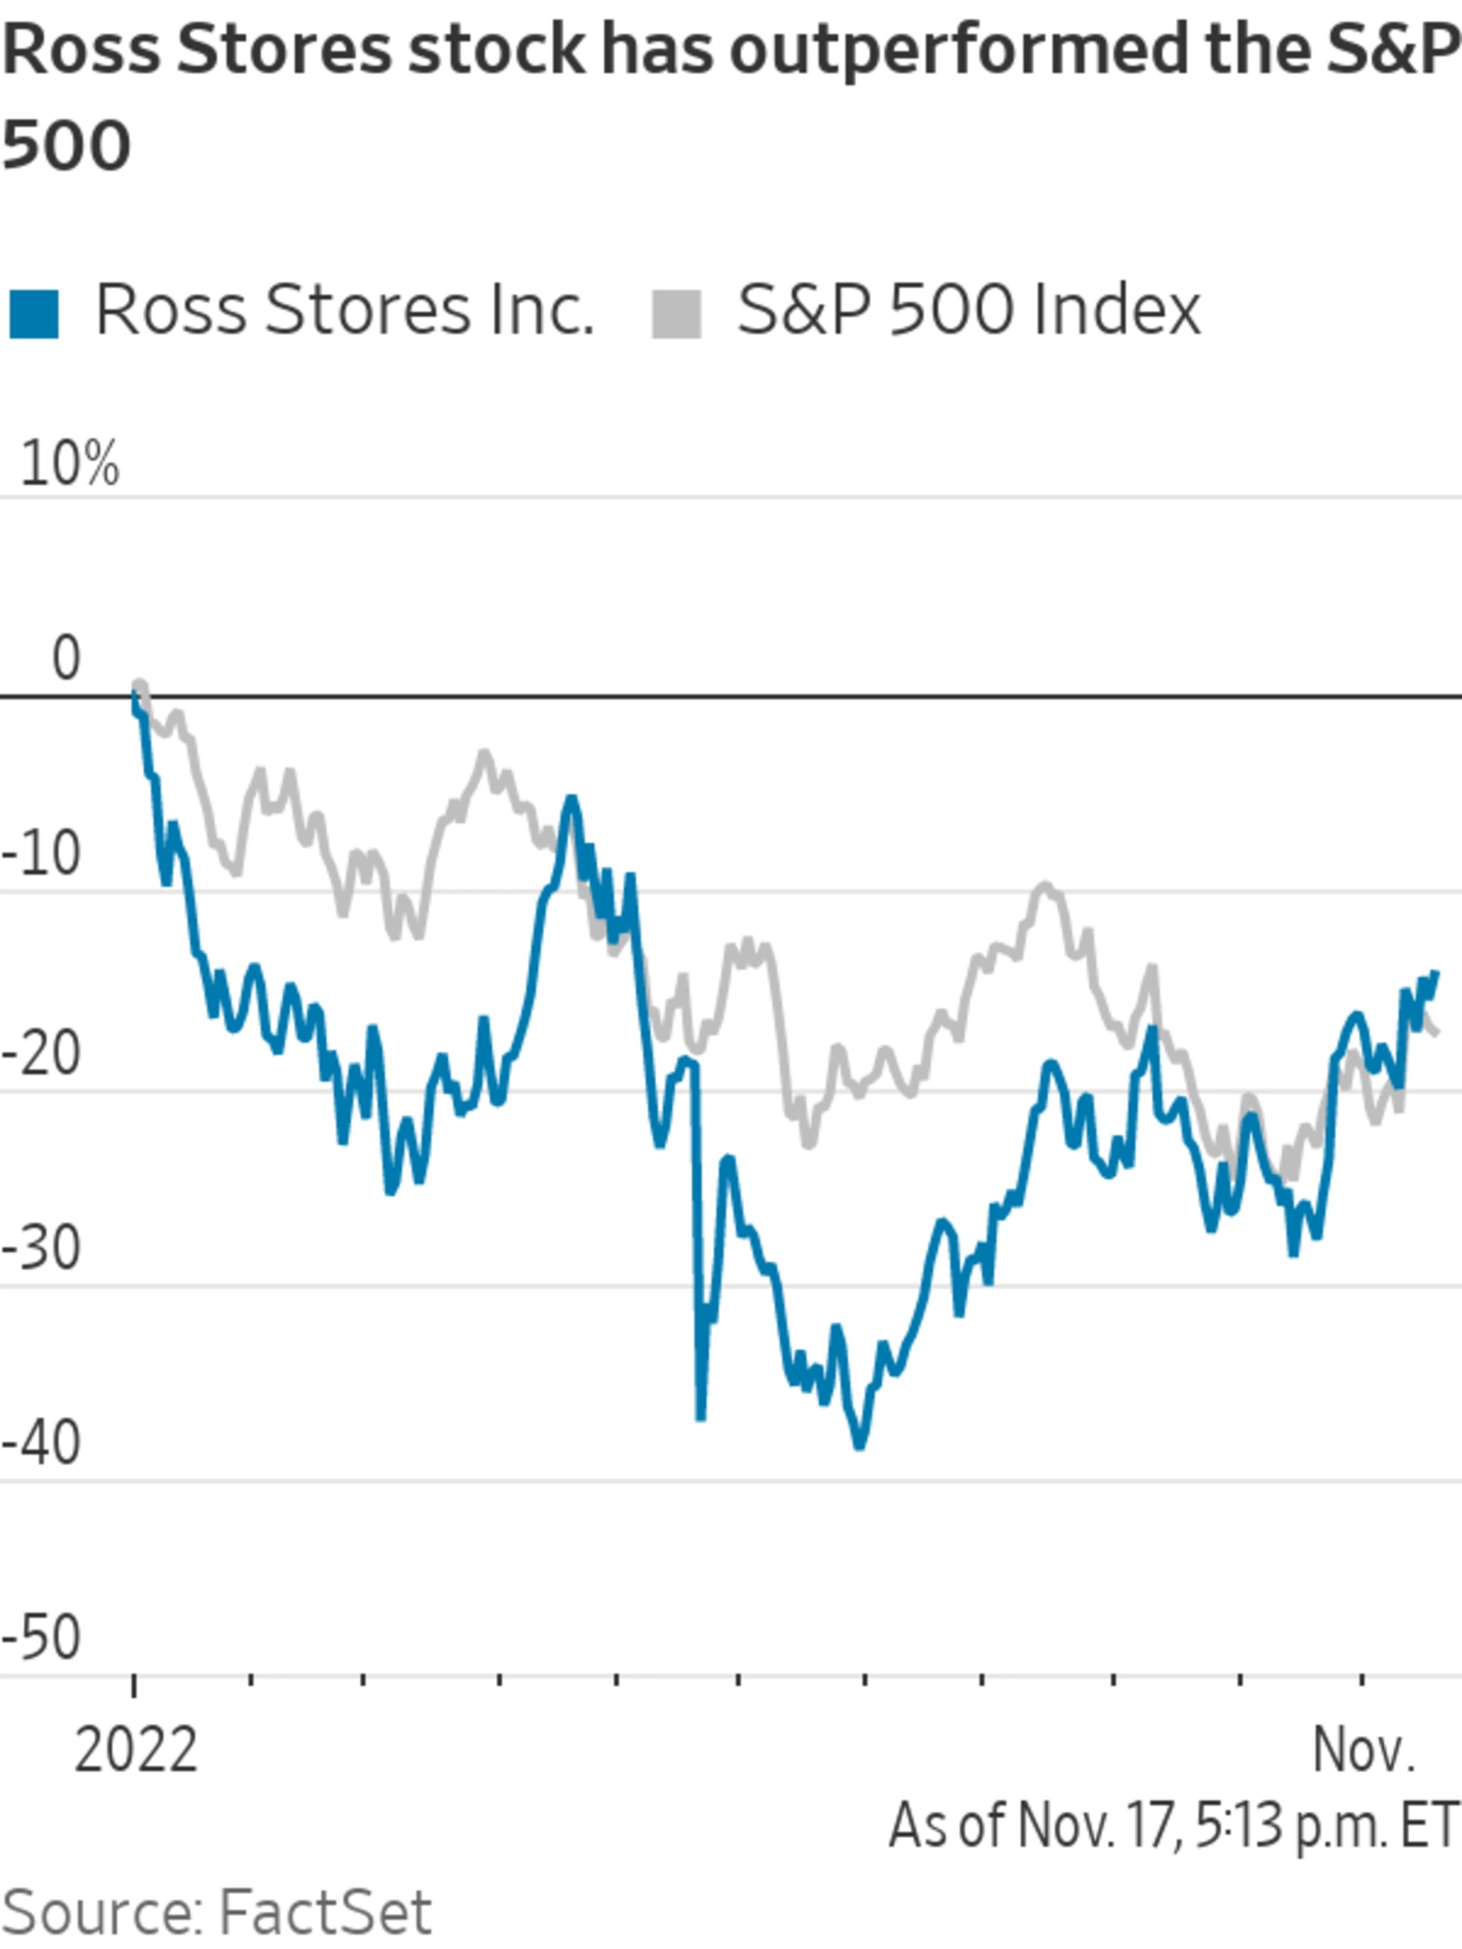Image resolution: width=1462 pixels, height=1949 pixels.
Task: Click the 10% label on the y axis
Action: click(x=69, y=464)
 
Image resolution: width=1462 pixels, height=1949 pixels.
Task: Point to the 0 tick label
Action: click(x=66, y=658)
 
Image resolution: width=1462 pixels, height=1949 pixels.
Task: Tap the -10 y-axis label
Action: click(x=42, y=855)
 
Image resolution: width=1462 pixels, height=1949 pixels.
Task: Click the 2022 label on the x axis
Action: click(x=136, y=1751)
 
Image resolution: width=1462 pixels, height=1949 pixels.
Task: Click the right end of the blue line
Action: click(x=1436, y=972)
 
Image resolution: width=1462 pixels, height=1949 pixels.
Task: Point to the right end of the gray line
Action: click(x=1437, y=1032)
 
